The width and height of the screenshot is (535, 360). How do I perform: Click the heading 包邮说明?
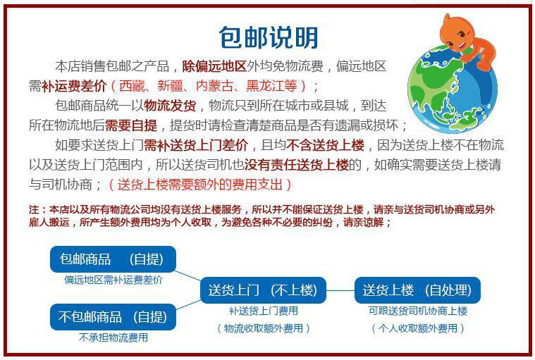268,37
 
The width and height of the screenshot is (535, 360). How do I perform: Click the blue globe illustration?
451,88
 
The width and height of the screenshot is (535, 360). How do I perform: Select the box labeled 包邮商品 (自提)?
113,259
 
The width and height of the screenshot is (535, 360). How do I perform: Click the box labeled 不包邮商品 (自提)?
113,316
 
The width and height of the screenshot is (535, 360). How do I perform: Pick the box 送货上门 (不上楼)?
263,290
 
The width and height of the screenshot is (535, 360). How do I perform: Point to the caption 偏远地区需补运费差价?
113,280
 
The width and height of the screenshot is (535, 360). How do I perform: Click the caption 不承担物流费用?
113,337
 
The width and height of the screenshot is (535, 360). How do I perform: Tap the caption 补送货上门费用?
263,311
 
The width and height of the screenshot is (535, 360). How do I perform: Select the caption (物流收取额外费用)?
263,328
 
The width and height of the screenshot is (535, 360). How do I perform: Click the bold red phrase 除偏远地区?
214,67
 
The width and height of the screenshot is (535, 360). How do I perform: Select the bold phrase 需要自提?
132,126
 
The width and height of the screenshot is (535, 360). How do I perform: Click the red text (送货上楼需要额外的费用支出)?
200,185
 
